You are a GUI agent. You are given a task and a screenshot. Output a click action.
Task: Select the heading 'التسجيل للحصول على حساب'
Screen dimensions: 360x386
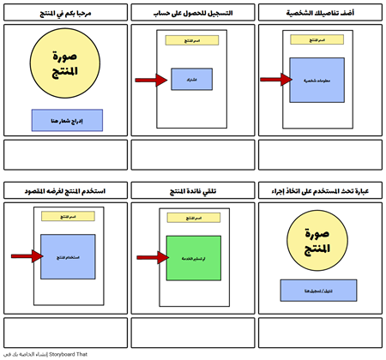tap(192, 15)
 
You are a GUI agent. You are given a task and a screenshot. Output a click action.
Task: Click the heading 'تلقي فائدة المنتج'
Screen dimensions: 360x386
tap(192, 190)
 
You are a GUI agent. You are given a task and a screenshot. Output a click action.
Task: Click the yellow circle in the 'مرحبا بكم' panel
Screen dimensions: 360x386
tap(66, 65)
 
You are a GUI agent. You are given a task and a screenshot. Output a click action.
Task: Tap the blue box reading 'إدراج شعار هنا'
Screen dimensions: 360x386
tap(66, 120)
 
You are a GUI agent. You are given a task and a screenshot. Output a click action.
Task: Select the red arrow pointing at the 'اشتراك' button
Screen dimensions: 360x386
tap(151, 81)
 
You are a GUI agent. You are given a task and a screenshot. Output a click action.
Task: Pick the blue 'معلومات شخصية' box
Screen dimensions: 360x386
tap(317, 79)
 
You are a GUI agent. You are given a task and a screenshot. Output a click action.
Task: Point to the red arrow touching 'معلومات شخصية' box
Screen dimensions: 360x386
tap(276, 79)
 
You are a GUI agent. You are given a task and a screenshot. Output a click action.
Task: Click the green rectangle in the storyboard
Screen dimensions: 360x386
tap(193, 257)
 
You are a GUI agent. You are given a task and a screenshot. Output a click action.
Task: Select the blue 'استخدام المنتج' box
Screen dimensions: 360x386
tap(66, 256)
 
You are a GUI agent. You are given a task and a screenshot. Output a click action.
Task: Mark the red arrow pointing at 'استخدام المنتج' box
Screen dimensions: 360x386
tap(26, 256)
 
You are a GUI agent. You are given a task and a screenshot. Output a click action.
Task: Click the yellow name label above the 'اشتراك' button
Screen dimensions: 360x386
tap(192, 40)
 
